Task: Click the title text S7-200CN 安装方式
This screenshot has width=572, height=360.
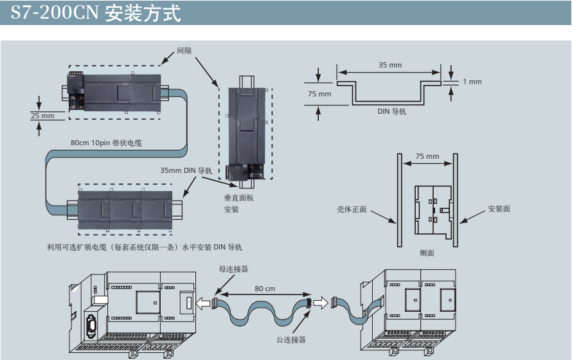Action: click(96, 13)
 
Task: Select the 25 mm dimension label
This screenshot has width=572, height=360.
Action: click(42, 115)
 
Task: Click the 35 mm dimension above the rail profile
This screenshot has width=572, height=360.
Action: click(390, 65)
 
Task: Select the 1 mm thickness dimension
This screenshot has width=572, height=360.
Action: click(471, 82)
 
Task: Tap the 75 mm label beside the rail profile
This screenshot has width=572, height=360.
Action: click(319, 93)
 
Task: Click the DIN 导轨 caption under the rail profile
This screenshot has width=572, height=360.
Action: click(391, 111)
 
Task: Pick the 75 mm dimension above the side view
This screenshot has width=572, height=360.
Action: click(427, 156)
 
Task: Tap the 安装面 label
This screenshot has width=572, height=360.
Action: click(499, 209)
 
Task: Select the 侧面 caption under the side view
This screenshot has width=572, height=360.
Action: click(427, 253)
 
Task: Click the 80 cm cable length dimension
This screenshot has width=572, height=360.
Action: click(264, 289)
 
